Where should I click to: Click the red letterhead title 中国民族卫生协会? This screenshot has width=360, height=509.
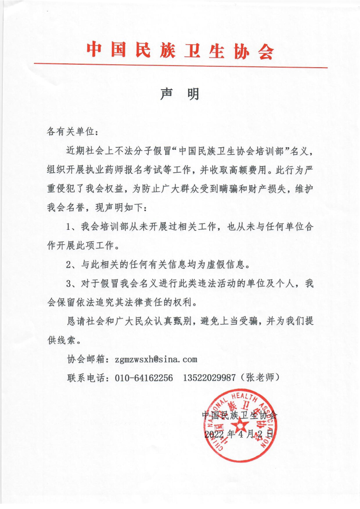[x=180, y=49]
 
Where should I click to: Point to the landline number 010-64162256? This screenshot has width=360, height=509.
[x=144, y=378]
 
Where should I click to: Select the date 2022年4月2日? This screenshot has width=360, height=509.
[x=239, y=434]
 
